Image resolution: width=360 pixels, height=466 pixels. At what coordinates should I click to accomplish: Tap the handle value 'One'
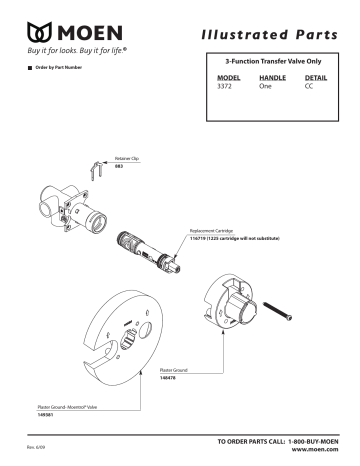click(x=265, y=87)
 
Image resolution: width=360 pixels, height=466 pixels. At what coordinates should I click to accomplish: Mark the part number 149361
click(x=40, y=412)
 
